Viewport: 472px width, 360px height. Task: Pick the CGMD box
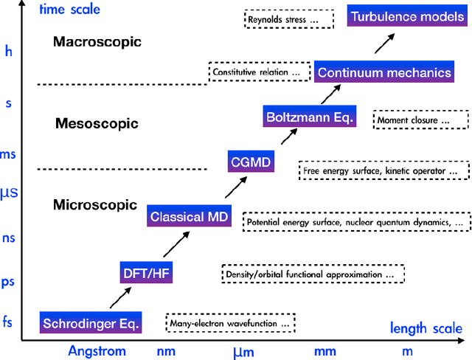251,161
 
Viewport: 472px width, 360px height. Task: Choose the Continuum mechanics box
383,73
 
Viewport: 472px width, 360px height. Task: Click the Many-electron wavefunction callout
231,323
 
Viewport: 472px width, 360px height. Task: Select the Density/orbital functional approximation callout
313,274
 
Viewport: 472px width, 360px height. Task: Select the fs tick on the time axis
9,321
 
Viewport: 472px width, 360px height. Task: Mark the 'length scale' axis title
426,328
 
